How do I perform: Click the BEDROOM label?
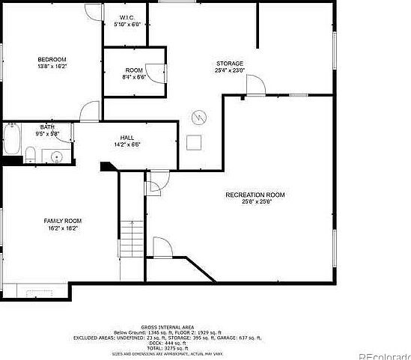tap(52, 59)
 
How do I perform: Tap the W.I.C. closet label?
tap(127, 17)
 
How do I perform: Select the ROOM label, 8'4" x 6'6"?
tap(134, 70)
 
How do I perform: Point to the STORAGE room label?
tap(230, 63)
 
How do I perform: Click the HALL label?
tap(127, 138)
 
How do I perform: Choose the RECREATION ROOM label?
tap(255, 195)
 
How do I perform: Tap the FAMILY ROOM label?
tap(62, 221)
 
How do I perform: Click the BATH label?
tap(47, 127)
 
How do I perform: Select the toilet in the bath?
tap(30, 155)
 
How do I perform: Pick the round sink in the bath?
tap(55, 156)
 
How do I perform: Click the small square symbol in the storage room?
tap(194, 141)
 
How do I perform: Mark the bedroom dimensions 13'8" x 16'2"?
tap(52, 67)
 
